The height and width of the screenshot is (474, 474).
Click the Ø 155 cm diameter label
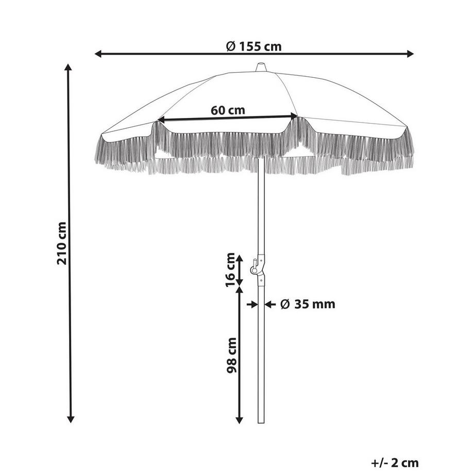[x=254, y=46]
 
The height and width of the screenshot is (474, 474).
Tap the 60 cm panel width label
[x=228, y=110]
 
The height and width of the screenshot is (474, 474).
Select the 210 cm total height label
[x=62, y=243]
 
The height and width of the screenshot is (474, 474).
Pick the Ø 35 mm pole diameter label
[x=308, y=304]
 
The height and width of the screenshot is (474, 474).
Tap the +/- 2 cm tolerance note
[x=394, y=463]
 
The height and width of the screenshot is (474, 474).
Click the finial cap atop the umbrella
[x=261, y=67]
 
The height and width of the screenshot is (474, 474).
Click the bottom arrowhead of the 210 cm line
[x=71, y=419]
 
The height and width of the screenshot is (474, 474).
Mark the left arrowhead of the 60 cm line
[x=160, y=120]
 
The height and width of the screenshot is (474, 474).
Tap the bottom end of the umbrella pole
[x=261, y=422]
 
